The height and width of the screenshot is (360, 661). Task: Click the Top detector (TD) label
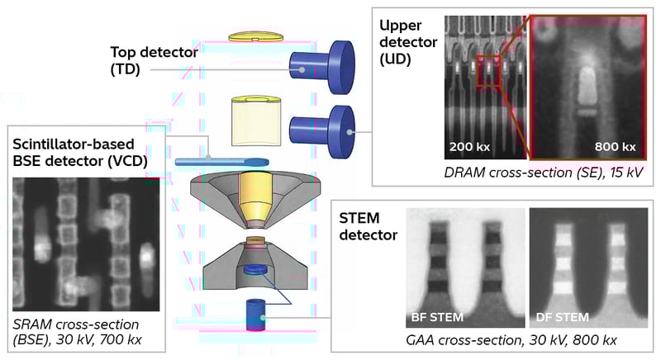(x=155, y=60)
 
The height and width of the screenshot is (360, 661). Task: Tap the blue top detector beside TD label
(x=321, y=65)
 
